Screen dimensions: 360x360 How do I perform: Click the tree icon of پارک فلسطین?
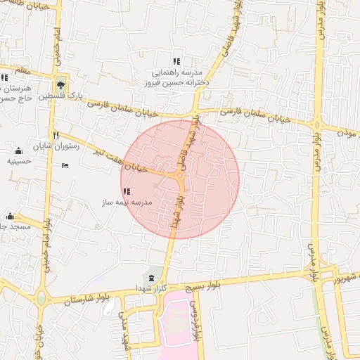tap(62, 84)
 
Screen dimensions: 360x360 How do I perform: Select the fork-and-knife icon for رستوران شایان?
tap(55, 135)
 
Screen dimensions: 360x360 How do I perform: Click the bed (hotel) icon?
tap(65, 166)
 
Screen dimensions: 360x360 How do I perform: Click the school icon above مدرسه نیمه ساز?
tap(127, 191)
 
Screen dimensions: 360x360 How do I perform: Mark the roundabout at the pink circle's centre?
tap(179, 179)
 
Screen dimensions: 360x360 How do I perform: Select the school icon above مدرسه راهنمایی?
tap(176, 61)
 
